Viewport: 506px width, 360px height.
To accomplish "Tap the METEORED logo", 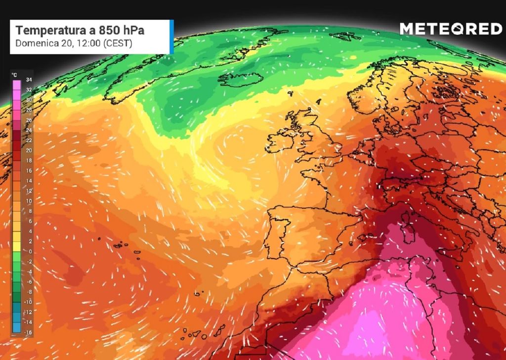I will tap(451, 29).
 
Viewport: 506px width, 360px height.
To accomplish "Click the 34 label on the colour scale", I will tap(29, 80).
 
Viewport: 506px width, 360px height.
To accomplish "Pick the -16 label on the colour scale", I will tap(28, 333).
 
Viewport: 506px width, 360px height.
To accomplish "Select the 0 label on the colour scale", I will tap(30, 251).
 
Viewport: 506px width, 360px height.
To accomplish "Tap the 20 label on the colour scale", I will tap(29, 150).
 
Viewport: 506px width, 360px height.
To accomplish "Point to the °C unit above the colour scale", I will tap(15, 75).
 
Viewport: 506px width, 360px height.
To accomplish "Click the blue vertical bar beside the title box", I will tap(171, 37).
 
